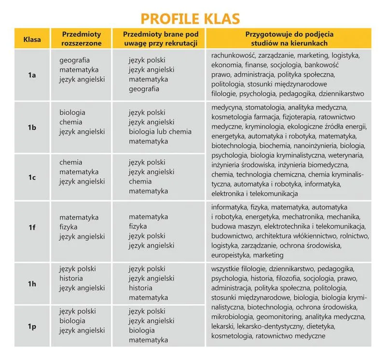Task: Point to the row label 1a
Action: [x=32, y=75]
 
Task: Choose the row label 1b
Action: [x=32, y=127]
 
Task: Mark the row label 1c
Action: [x=32, y=177]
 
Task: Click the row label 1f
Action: [x=32, y=227]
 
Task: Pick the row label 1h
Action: [x=32, y=284]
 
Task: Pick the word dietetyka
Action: [x=317, y=326]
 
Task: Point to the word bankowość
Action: [x=321, y=65]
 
